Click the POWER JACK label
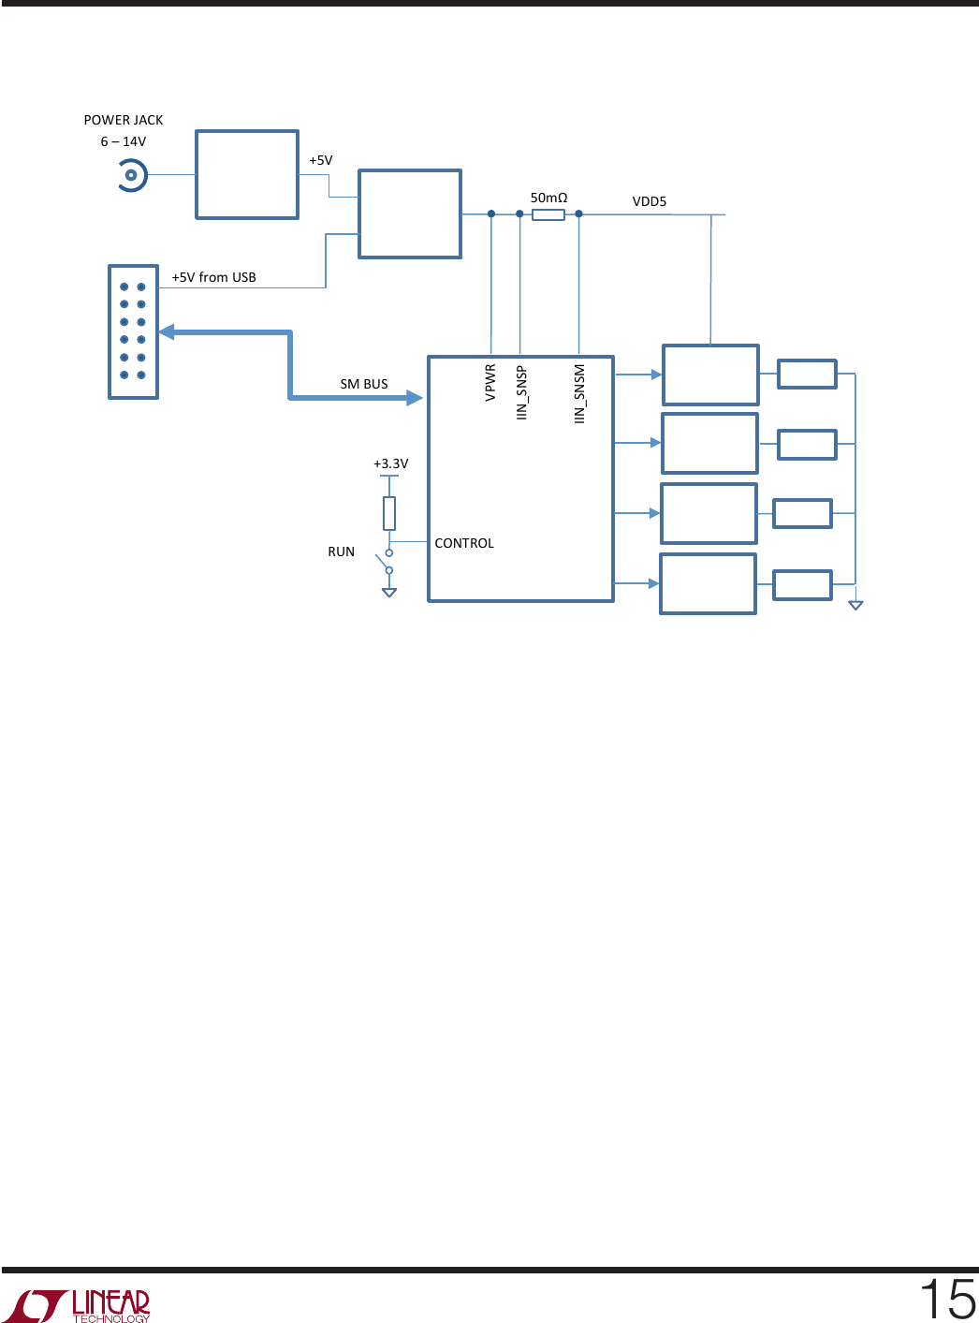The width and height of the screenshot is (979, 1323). point(123,120)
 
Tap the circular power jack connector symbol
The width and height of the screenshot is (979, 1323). point(131,175)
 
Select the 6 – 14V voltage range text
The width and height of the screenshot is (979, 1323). point(123,141)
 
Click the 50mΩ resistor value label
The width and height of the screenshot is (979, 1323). point(548,198)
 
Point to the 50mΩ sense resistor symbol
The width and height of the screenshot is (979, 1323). point(548,214)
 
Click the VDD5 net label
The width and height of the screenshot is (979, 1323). point(650,201)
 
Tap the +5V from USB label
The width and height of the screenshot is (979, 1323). point(213,277)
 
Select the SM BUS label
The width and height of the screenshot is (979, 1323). point(364,384)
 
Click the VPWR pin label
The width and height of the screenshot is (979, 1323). point(490,383)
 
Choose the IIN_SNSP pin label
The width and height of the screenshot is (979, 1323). point(521,392)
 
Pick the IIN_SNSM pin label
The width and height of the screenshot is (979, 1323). point(579,393)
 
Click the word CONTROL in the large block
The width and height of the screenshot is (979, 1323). point(464,543)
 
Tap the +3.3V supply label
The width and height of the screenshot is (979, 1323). point(390,463)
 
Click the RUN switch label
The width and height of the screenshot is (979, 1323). point(341,551)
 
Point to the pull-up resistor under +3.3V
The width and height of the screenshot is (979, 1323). point(389,513)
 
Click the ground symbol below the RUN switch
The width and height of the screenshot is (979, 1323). point(389,593)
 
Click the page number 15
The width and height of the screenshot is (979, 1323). point(948,1299)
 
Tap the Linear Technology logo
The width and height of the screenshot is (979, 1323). point(77,1305)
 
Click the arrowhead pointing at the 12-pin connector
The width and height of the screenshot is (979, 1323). point(167,331)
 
